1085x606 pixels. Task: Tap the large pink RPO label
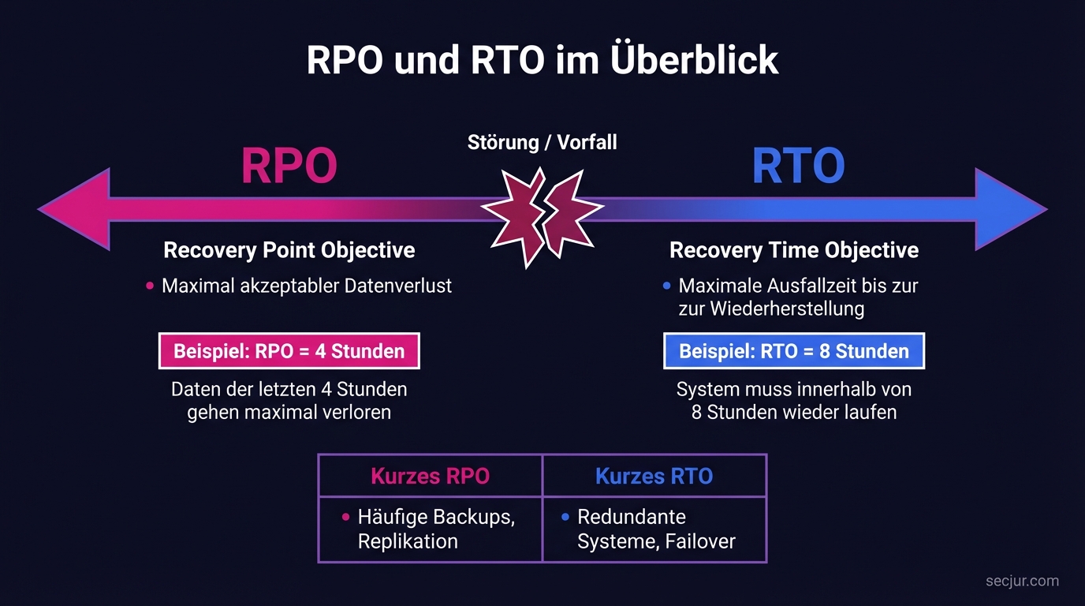(x=289, y=166)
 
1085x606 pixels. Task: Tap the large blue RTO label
(x=798, y=166)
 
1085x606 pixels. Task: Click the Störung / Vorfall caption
(x=542, y=143)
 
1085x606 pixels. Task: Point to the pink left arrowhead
(x=75, y=210)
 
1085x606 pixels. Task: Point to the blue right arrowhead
(x=1010, y=210)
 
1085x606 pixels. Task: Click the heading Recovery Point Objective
(x=289, y=251)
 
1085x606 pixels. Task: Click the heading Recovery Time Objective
(x=794, y=251)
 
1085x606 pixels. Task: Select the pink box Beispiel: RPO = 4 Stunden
(x=289, y=351)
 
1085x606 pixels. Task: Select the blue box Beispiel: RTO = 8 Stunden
(x=794, y=351)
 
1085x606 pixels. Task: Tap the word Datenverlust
(x=398, y=286)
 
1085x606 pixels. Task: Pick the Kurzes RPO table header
(x=430, y=476)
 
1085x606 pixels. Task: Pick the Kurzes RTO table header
(x=654, y=476)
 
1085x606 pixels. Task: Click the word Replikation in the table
(x=408, y=541)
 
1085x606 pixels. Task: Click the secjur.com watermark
(x=1022, y=582)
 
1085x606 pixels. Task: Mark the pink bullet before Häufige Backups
(x=345, y=518)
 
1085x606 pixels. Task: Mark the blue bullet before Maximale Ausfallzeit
(x=667, y=286)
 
